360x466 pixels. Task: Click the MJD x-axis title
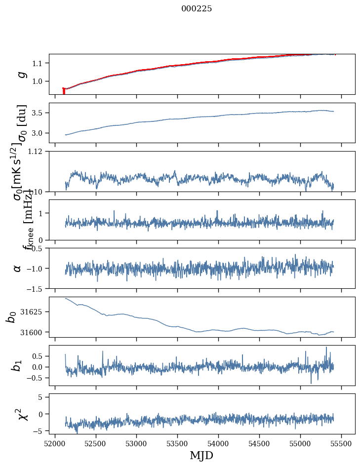(x=201, y=455)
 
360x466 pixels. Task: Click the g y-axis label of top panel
(x=21, y=74)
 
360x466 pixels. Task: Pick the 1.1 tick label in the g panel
(x=39, y=63)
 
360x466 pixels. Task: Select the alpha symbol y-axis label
(x=17, y=268)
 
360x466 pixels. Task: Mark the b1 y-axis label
(x=17, y=365)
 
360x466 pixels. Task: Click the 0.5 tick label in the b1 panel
(x=39, y=356)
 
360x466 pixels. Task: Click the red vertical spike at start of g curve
(x=64, y=91)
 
